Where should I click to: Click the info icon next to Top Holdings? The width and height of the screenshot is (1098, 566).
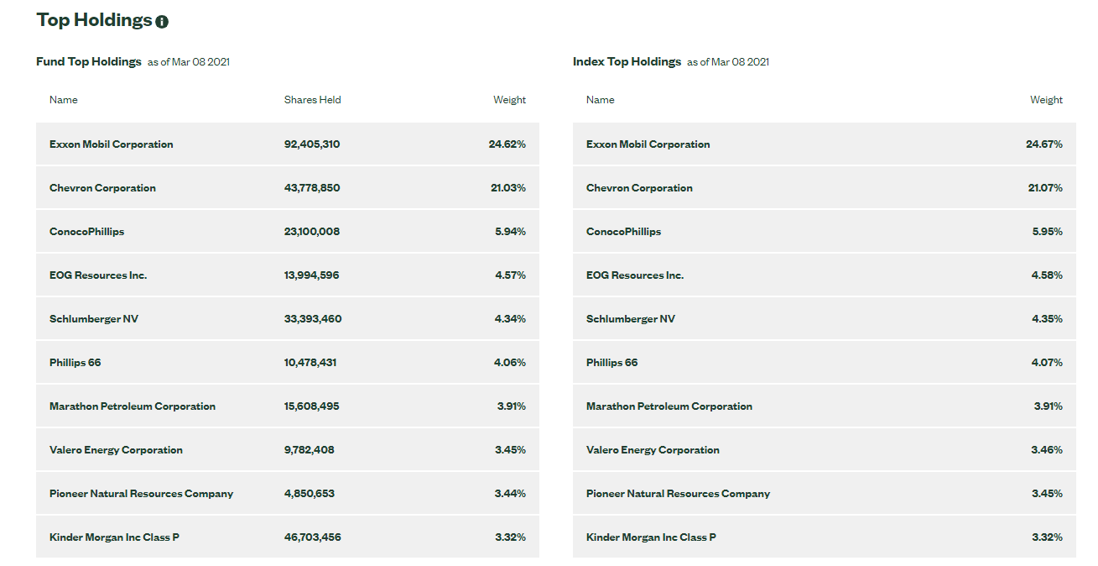162,22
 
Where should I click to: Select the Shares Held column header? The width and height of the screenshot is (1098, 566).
312,100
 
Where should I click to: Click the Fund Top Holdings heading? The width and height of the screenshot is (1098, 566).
88,61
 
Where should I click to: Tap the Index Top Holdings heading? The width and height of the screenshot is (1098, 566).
627,61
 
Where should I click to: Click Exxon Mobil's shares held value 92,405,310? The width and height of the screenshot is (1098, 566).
312,144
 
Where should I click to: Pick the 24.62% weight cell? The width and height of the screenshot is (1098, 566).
507,144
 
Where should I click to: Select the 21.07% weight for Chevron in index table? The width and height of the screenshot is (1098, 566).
1044,188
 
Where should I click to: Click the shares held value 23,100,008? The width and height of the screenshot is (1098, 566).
312,232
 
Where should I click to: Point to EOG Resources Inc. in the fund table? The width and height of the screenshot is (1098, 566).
98,275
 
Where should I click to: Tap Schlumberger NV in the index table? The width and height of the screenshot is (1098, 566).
630,319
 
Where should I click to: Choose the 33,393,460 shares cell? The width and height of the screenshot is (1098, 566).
313,319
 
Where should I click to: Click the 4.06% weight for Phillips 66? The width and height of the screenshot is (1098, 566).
510,363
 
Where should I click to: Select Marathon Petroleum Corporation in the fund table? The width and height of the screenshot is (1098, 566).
133,406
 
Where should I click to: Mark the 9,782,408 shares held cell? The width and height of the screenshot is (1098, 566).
310,450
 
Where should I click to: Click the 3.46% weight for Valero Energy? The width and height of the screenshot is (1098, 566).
1047,450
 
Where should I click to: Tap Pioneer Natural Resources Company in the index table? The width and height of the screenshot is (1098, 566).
678,494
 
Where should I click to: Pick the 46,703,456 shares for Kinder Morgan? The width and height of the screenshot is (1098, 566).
313,537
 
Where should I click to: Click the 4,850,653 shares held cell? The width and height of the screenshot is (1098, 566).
310,494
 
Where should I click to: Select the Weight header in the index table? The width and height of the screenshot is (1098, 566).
1046,100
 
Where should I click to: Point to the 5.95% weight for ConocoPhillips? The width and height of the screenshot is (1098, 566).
1047,232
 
